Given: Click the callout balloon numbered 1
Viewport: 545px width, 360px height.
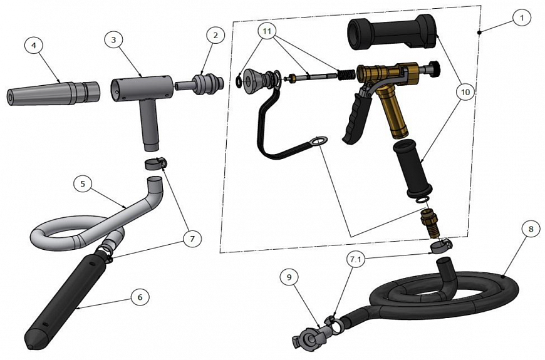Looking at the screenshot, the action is pyautogui.click(x=521, y=18).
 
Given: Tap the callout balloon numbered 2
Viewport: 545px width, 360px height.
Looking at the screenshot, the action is pyautogui.click(x=215, y=35).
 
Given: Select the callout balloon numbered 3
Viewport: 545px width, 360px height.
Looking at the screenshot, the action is pyautogui.click(x=113, y=39).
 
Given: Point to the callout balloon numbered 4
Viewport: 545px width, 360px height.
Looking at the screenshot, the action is pyautogui.click(x=34, y=45).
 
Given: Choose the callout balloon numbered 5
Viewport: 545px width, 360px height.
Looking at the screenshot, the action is pyautogui.click(x=83, y=184).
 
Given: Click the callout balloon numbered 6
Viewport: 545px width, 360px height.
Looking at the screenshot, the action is pyautogui.click(x=140, y=297).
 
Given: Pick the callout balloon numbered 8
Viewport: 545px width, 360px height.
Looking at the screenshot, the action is pyautogui.click(x=531, y=229).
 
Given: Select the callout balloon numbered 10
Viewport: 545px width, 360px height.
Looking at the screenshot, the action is pyautogui.click(x=465, y=92).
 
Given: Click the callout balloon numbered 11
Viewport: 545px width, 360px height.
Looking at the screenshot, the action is pyautogui.click(x=267, y=31).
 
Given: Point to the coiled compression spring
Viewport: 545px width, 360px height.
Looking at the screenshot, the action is pyautogui.click(x=346, y=75).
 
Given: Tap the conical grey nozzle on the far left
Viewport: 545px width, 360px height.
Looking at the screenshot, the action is pyautogui.click(x=53, y=93).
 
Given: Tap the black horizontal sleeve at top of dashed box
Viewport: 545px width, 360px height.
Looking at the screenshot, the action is pyautogui.click(x=392, y=33).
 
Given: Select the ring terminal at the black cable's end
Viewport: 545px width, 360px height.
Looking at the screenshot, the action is pyautogui.click(x=319, y=141).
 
